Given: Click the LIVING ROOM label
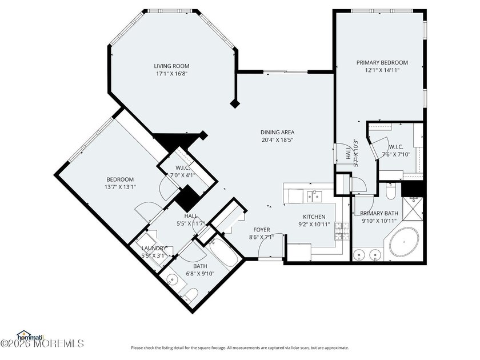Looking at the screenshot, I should [171, 66].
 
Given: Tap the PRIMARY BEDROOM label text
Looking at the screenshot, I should [382, 62].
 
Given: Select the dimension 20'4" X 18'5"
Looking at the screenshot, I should [278, 139].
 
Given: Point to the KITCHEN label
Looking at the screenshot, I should [314, 217].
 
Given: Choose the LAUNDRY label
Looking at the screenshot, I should [154, 248].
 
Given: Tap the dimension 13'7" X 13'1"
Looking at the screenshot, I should [120, 187].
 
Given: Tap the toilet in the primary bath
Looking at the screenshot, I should [390, 192].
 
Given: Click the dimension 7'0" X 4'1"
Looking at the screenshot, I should [171, 175].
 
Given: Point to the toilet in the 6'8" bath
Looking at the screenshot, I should [191, 294].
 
